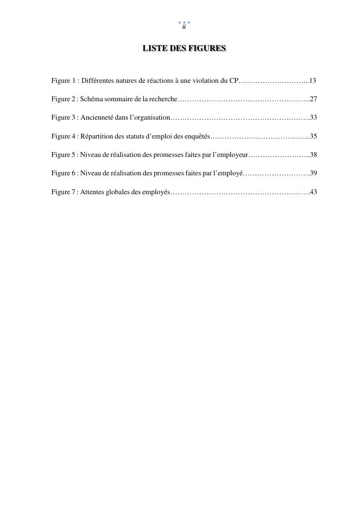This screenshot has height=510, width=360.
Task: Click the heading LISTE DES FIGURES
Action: click(x=184, y=48)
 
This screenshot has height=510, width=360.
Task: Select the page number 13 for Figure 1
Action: click(x=313, y=80)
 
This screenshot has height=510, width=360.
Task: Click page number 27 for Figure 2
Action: click(x=313, y=99)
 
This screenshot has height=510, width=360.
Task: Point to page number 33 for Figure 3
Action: click(x=313, y=118)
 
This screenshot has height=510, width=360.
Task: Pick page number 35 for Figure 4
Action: click(x=313, y=137)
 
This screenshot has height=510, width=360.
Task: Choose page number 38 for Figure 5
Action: click(x=313, y=155)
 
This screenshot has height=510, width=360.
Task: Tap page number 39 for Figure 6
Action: click(x=313, y=173)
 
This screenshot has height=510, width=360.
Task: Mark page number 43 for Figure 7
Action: click(x=313, y=192)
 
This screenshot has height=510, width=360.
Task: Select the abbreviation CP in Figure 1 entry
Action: click(x=234, y=80)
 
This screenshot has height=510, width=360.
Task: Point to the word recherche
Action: click(x=164, y=99)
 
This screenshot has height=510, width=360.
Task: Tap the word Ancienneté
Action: click(x=97, y=118)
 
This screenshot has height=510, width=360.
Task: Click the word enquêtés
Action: click(x=197, y=137)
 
